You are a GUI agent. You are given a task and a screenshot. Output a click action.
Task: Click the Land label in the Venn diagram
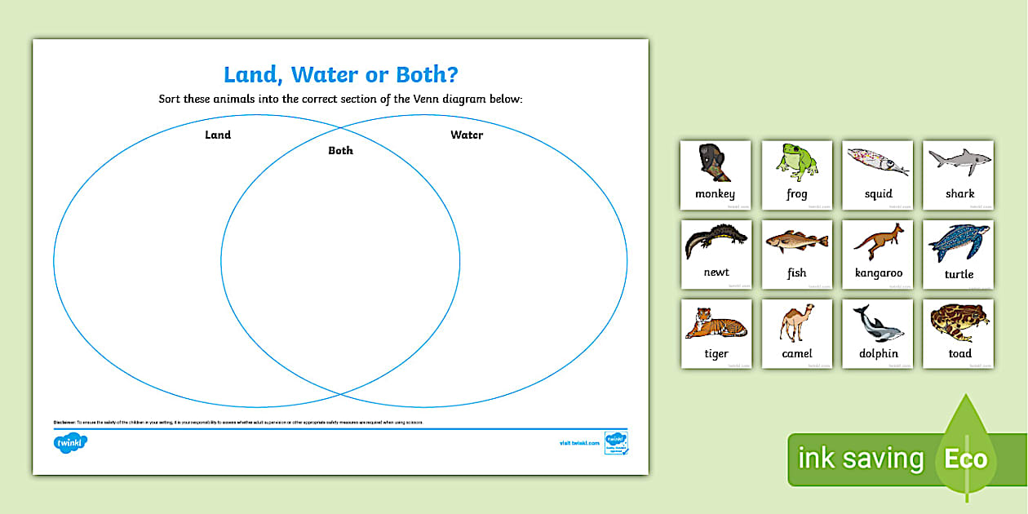click(218, 135)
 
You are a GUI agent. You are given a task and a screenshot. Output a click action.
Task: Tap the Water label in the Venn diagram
click(467, 135)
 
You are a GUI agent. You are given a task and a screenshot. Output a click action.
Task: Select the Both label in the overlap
click(340, 150)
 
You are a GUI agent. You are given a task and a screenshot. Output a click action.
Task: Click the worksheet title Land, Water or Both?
click(340, 74)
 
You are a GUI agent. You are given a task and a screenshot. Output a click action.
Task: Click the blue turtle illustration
click(959, 241)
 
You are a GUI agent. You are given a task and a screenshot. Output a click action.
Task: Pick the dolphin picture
click(878, 322)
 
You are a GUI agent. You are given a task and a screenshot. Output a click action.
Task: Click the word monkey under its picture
click(715, 194)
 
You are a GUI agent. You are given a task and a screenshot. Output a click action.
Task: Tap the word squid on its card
click(878, 194)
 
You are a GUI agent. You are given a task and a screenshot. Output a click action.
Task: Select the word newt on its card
click(716, 273)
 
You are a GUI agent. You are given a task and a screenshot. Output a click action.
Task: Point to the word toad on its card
click(959, 353)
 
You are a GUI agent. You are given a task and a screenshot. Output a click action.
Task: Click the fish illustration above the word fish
click(796, 242)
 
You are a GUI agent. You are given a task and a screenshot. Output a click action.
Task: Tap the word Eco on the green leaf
click(965, 459)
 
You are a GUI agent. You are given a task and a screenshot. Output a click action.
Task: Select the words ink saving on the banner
click(860, 459)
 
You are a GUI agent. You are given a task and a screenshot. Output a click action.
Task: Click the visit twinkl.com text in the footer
click(579, 443)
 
